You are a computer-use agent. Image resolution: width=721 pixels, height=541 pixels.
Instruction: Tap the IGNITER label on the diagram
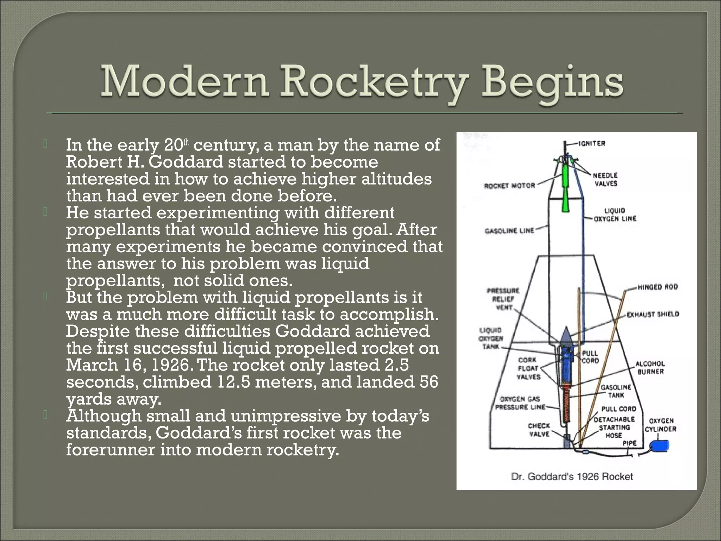tap(591, 144)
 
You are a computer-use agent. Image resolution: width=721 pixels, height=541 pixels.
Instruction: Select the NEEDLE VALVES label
tap(605, 179)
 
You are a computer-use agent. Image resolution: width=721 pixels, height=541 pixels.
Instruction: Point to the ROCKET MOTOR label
tap(509, 186)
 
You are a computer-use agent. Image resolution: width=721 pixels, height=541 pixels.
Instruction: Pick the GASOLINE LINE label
tap(509, 231)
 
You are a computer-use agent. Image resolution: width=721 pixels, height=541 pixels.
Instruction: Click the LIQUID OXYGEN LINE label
tap(615, 215)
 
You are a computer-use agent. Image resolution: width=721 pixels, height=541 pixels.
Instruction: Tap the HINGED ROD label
tap(658, 287)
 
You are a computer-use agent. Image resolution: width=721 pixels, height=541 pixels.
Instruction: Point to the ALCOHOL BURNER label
tap(650, 367)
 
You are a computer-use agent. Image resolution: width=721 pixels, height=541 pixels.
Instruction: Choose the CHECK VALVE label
tap(538, 430)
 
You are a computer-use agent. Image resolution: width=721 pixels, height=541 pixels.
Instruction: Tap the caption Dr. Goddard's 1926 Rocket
tap(572, 477)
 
